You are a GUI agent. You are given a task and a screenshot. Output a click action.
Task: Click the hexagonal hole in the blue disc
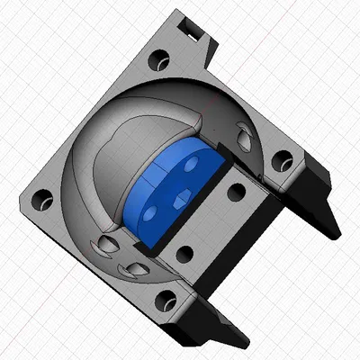[x=179, y=198]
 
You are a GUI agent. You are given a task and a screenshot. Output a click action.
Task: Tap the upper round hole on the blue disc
[x=192, y=166]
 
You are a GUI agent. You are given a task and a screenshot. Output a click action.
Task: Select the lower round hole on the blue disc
[x=149, y=212]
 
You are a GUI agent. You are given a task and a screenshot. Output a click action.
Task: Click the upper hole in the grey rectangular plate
[x=236, y=191]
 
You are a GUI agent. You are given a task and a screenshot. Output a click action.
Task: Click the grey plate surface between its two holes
[x=211, y=222]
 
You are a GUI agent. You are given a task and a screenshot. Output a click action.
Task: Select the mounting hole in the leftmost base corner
[x=41, y=204]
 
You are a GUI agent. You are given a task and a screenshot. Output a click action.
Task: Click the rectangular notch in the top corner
[x=191, y=31]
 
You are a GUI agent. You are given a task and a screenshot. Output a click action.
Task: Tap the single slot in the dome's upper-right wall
[x=244, y=135]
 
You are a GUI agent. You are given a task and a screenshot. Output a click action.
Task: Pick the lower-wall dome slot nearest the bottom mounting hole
[x=138, y=270]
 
